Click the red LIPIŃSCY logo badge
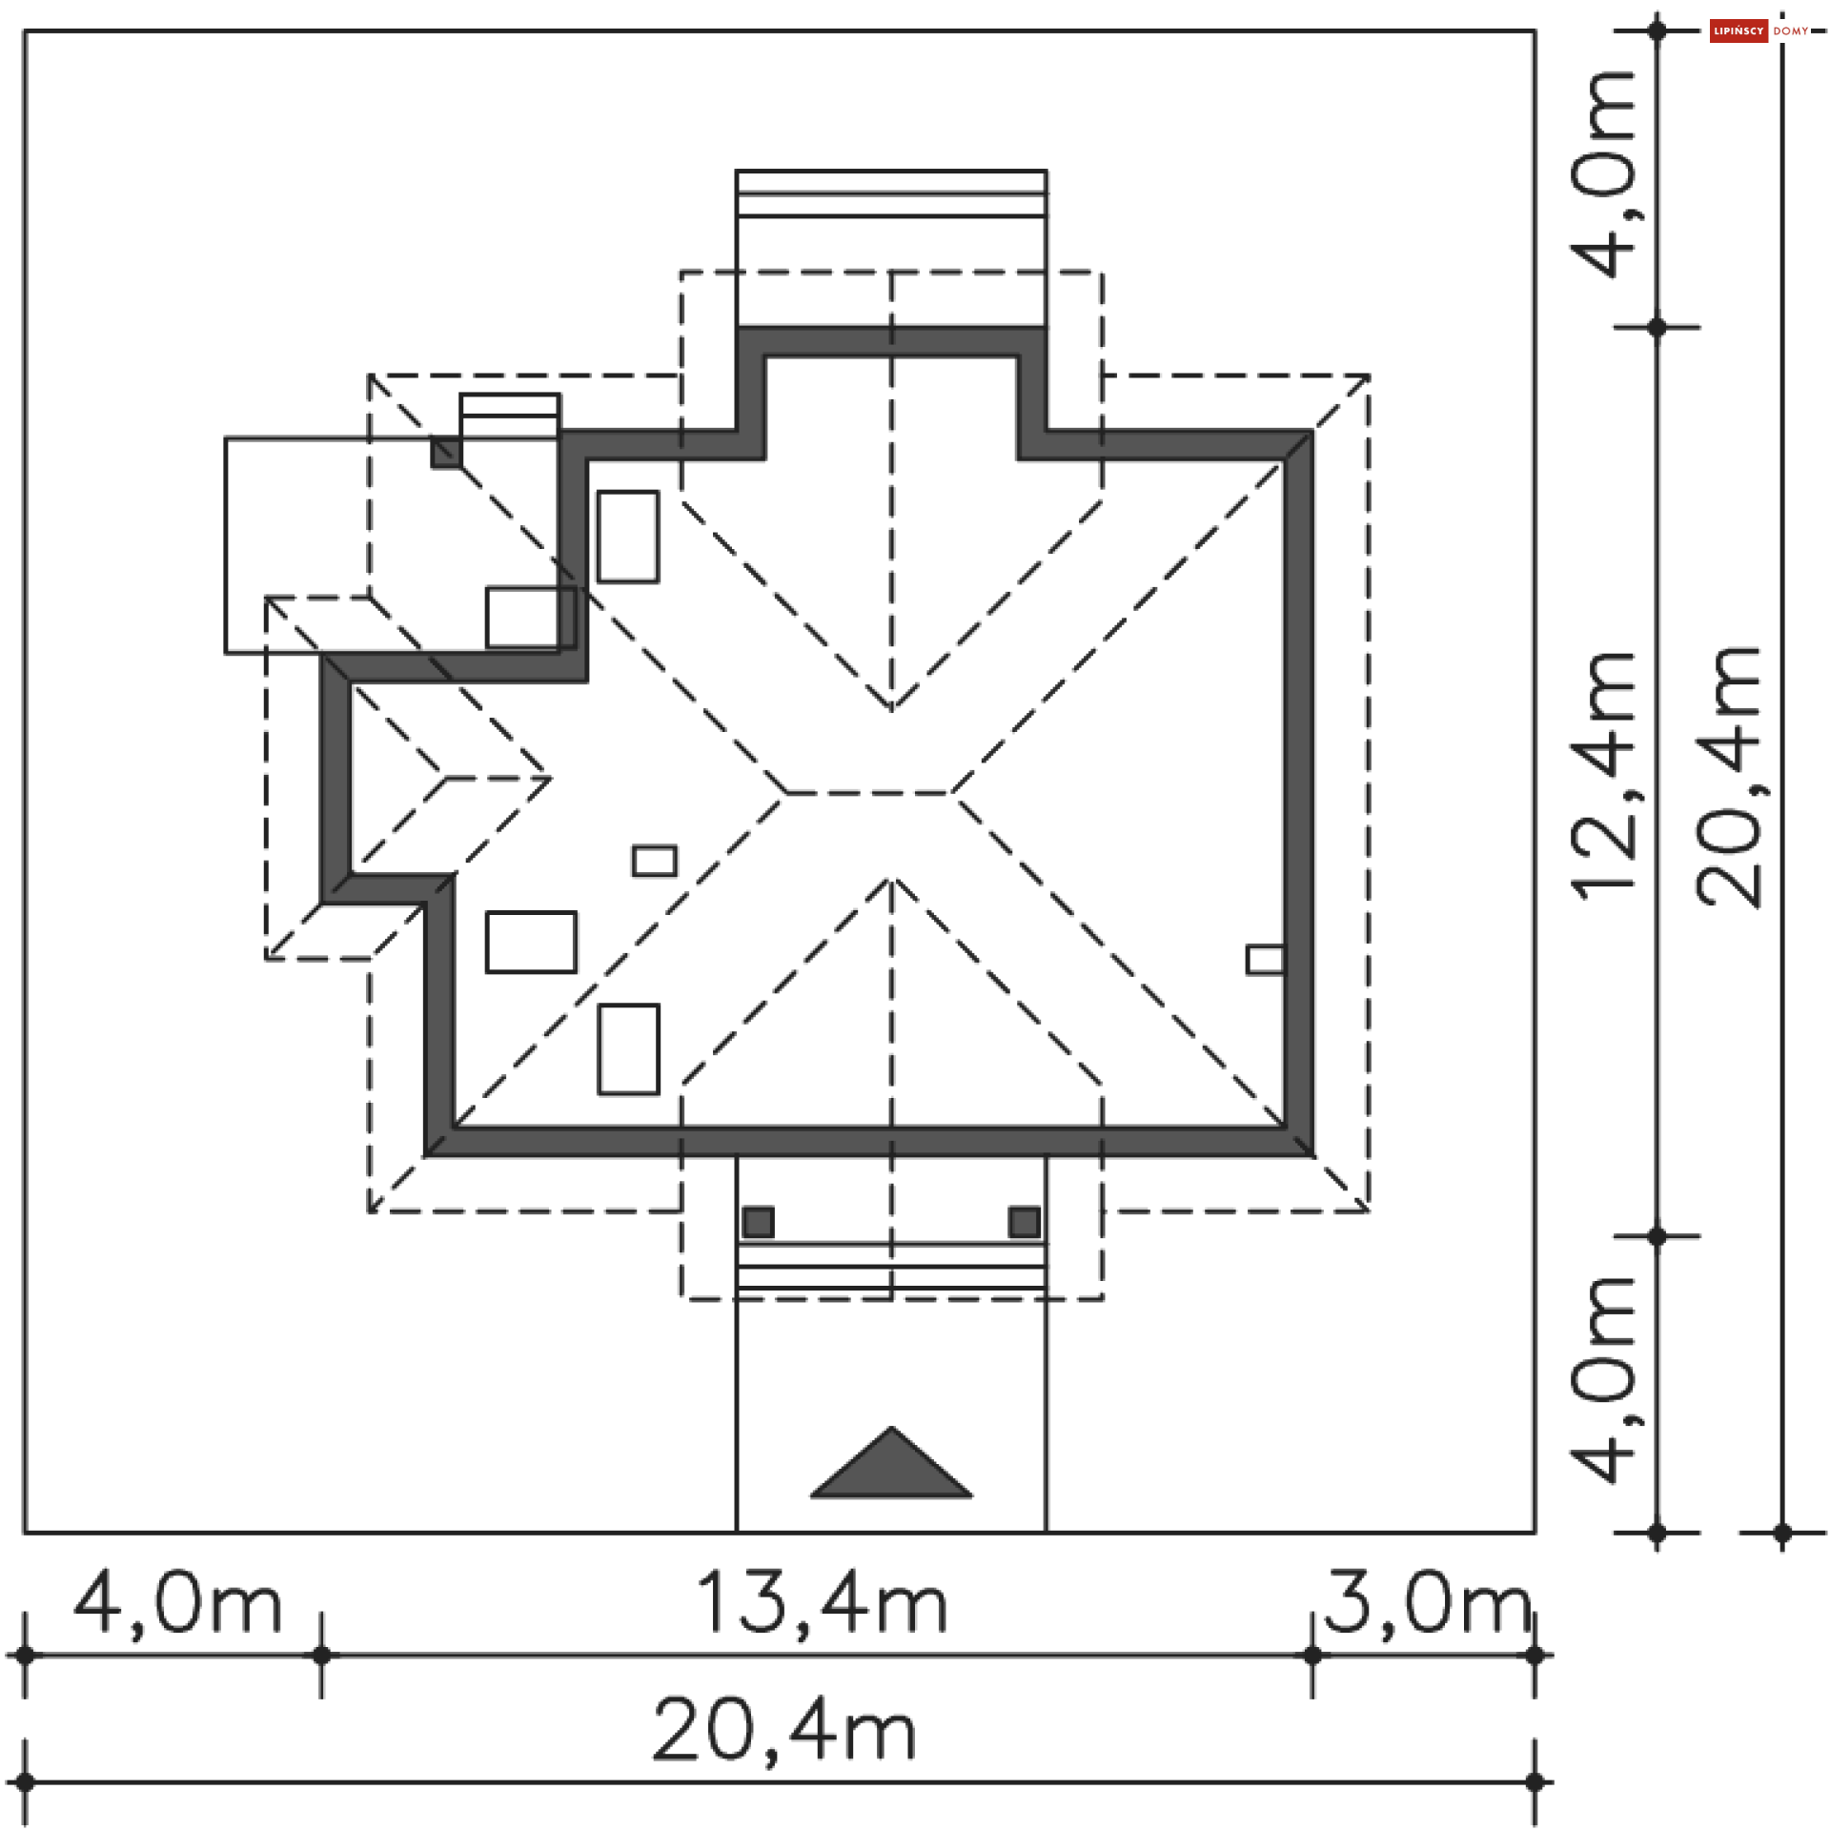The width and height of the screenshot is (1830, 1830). click(x=1738, y=31)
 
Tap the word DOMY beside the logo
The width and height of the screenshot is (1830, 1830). click(x=1791, y=31)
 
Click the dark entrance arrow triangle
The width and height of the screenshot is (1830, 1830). click(x=891, y=1462)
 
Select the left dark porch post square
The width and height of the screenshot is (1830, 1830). click(x=759, y=1222)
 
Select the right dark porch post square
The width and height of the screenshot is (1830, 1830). click(x=1025, y=1222)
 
